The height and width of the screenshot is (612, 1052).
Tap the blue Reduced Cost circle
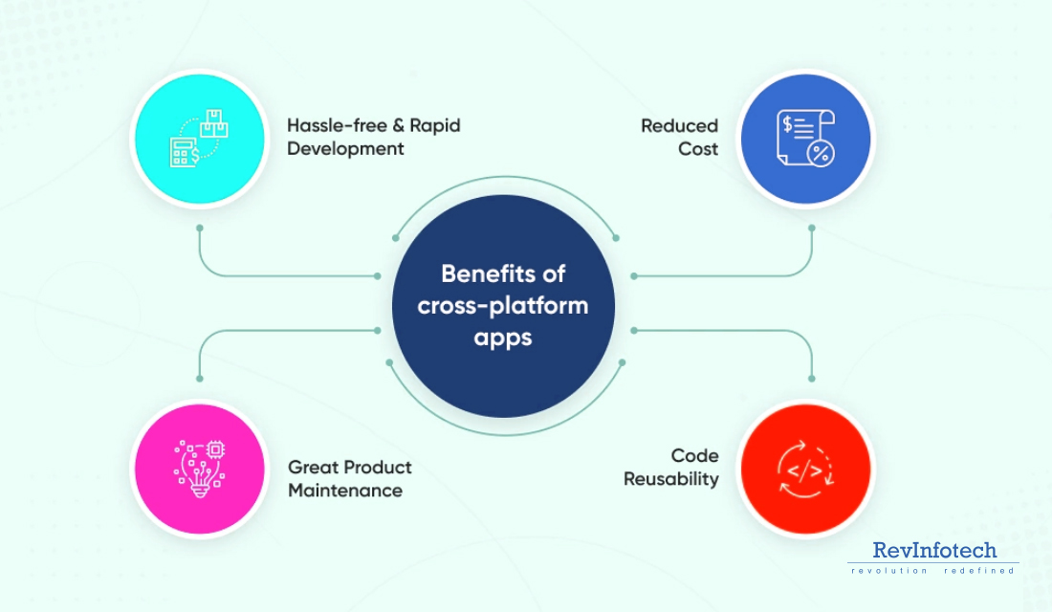coord(805,139)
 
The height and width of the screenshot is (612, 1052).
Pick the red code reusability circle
coord(805,468)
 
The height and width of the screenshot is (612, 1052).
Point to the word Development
coord(345,149)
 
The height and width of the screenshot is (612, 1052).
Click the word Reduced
coord(679,125)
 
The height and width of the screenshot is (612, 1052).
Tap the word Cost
coord(698,149)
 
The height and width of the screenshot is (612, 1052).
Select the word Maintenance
coord(345,491)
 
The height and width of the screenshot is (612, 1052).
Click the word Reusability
coord(670,479)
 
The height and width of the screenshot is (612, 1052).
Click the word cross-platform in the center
coord(503,306)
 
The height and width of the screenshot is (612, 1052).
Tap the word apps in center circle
coord(503,338)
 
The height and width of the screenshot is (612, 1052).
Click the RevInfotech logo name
coord(934,550)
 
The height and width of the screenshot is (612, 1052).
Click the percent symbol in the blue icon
coord(820,152)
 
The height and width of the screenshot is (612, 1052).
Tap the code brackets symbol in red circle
coord(800,469)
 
